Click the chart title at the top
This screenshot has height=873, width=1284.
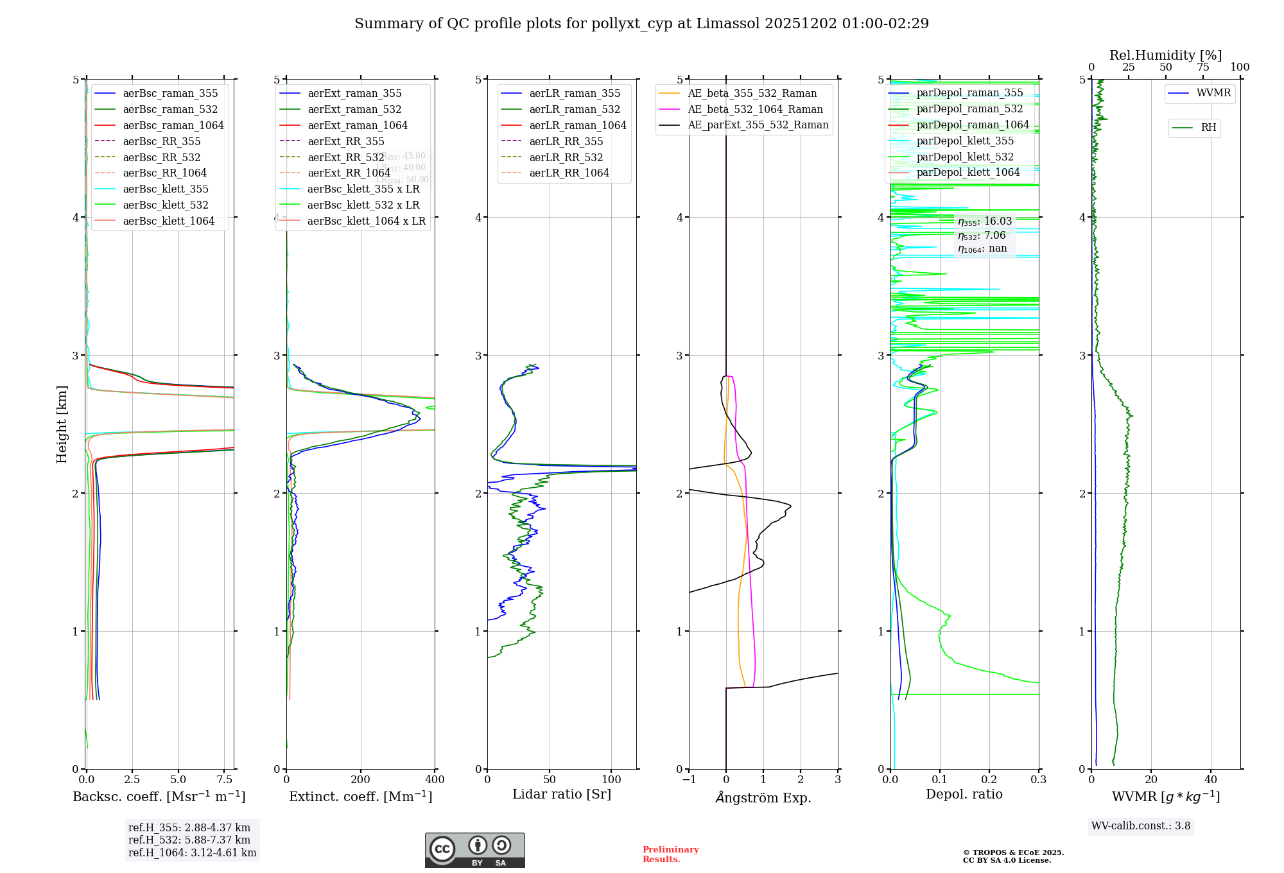point(641,24)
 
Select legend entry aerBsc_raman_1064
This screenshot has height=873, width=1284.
point(173,125)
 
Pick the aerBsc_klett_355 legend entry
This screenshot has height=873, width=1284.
point(166,189)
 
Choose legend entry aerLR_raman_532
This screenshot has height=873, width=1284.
point(575,109)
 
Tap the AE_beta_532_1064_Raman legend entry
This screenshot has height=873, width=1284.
point(755,109)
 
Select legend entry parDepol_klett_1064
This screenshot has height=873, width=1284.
point(968,172)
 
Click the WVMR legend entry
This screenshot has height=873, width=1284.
point(1213,93)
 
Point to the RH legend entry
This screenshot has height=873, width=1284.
point(1208,128)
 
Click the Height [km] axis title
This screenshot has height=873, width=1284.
point(62,424)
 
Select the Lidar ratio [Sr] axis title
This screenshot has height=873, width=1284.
point(562,794)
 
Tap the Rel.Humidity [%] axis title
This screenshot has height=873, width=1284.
point(1165,55)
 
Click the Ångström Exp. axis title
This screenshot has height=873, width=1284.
point(763,797)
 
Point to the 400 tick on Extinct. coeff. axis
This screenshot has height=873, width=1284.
point(435,780)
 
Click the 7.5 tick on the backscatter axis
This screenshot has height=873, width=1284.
point(225,780)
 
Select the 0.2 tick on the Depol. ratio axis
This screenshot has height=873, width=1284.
point(989,780)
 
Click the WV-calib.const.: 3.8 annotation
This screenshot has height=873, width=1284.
point(1141,826)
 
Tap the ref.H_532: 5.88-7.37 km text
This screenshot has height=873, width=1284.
point(189,840)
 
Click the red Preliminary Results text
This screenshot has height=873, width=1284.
point(670,854)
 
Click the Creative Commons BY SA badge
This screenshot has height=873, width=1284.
point(474,851)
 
